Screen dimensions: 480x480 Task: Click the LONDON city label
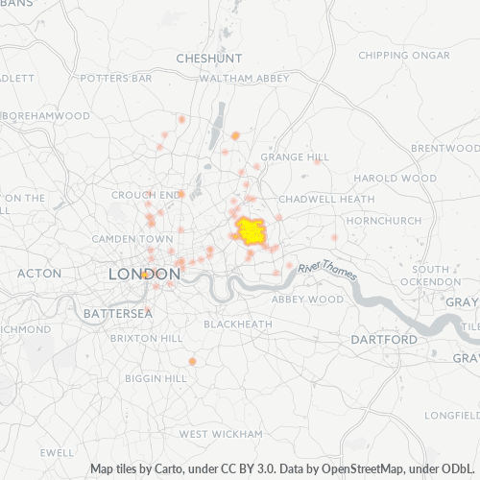pyautogui.click(x=143, y=274)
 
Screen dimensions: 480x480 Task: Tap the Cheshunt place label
pyautogui.click(x=204, y=59)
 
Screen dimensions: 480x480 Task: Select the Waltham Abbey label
pyautogui.click(x=244, y=77)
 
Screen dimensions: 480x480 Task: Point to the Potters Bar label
pyautogui.click(x=115, y=77)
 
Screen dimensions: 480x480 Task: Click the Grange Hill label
pyautogui.click(x=295, y=156)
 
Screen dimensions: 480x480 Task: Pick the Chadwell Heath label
pyautogui.click(x=327, y=199)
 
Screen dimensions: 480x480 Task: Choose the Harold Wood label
pyautogui.click(x=389, y=179)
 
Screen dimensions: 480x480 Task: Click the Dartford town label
pyautogui.click(x=384, y=340)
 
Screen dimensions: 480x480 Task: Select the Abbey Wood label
pyautogui.click(x=307, y=300)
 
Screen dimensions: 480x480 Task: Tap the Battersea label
pyautogui.click(x=117, y=314)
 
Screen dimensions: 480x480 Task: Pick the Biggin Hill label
pyautogui.click(x=156, y=378)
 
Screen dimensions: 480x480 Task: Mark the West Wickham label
pyautogui.click(x=221, y=434)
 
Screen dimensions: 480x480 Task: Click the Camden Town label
pyautogui.click(x=132, y=238)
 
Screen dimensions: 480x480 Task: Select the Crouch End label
pyautogui.click(x=146, y=194)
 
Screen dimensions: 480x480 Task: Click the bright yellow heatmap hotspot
pyautogui.click(x=252, y=230)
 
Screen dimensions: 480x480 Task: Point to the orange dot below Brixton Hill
pyautogui.click(x=192, y=361)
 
